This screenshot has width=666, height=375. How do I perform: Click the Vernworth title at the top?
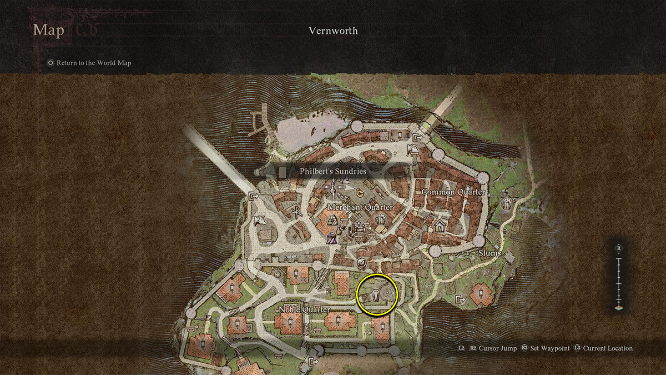333,31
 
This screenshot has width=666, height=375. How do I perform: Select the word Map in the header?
49,29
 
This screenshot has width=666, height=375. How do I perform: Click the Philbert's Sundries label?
333,172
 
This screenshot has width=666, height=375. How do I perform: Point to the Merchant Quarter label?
360,207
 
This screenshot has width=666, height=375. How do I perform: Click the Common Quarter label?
453,192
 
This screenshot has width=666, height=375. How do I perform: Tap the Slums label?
490,253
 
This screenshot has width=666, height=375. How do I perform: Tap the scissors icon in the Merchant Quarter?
296,211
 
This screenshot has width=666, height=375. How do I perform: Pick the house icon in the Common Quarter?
440,226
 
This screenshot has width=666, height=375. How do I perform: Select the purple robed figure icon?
331,239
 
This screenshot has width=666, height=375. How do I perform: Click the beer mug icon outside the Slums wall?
506,204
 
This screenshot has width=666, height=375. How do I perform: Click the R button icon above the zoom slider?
618,248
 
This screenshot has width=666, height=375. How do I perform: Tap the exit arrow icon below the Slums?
460,300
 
